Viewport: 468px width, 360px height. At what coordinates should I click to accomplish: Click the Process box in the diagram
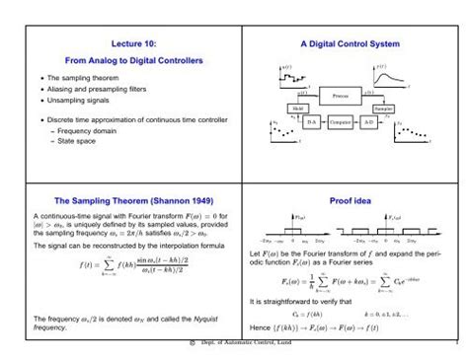(338, 97)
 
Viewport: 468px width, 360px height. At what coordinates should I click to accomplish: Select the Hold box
(294, 108)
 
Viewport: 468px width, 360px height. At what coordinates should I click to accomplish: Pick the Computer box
(340, 122)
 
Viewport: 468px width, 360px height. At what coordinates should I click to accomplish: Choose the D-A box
(310, 122)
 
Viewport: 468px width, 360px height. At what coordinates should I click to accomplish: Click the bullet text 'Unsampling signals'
(74, 102)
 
